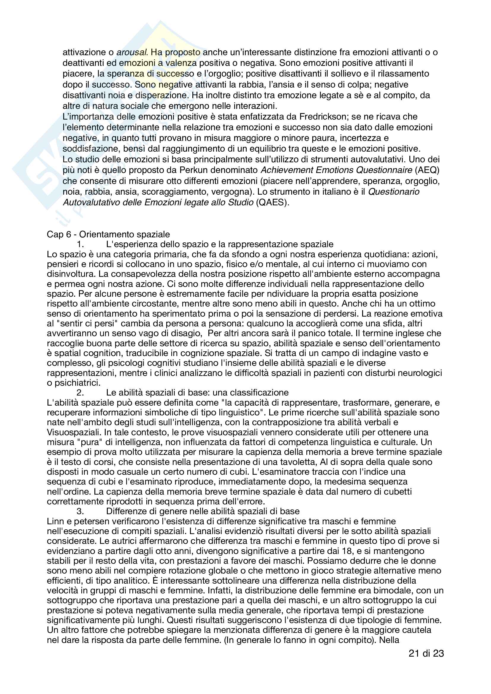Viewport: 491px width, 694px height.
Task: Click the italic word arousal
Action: click(x=132, y=52)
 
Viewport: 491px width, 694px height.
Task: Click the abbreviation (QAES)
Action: click(x=273, y=202)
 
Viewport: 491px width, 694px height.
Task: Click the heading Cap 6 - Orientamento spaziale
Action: click(x=108, y=234)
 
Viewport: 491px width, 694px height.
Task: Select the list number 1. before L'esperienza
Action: click(x=80, y=244)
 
